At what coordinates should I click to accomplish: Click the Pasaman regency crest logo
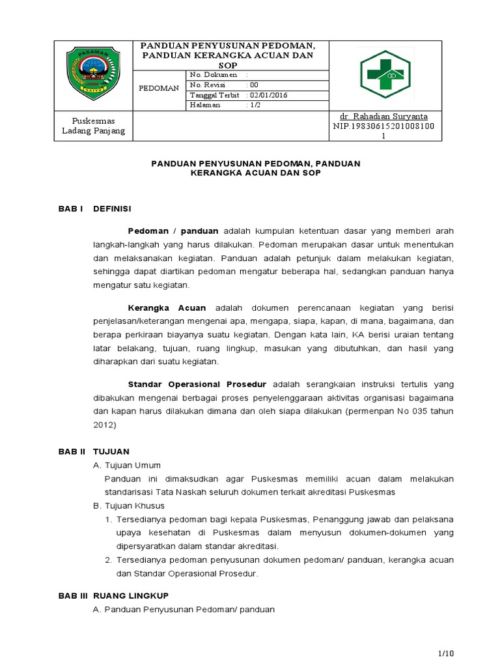tap(93, 76)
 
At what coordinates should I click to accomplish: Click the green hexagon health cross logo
tap(385, 74)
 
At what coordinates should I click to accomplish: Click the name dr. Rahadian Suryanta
tap(386, 116)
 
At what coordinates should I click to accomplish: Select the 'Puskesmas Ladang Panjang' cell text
tap(93, 126)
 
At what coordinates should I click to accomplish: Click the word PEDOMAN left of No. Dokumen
tap(160, 88)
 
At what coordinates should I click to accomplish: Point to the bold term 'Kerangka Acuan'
tap(167, 307)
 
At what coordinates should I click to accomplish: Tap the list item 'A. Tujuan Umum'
tap(128, 465)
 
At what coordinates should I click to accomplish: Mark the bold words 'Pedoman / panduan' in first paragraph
tap(174, 231)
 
